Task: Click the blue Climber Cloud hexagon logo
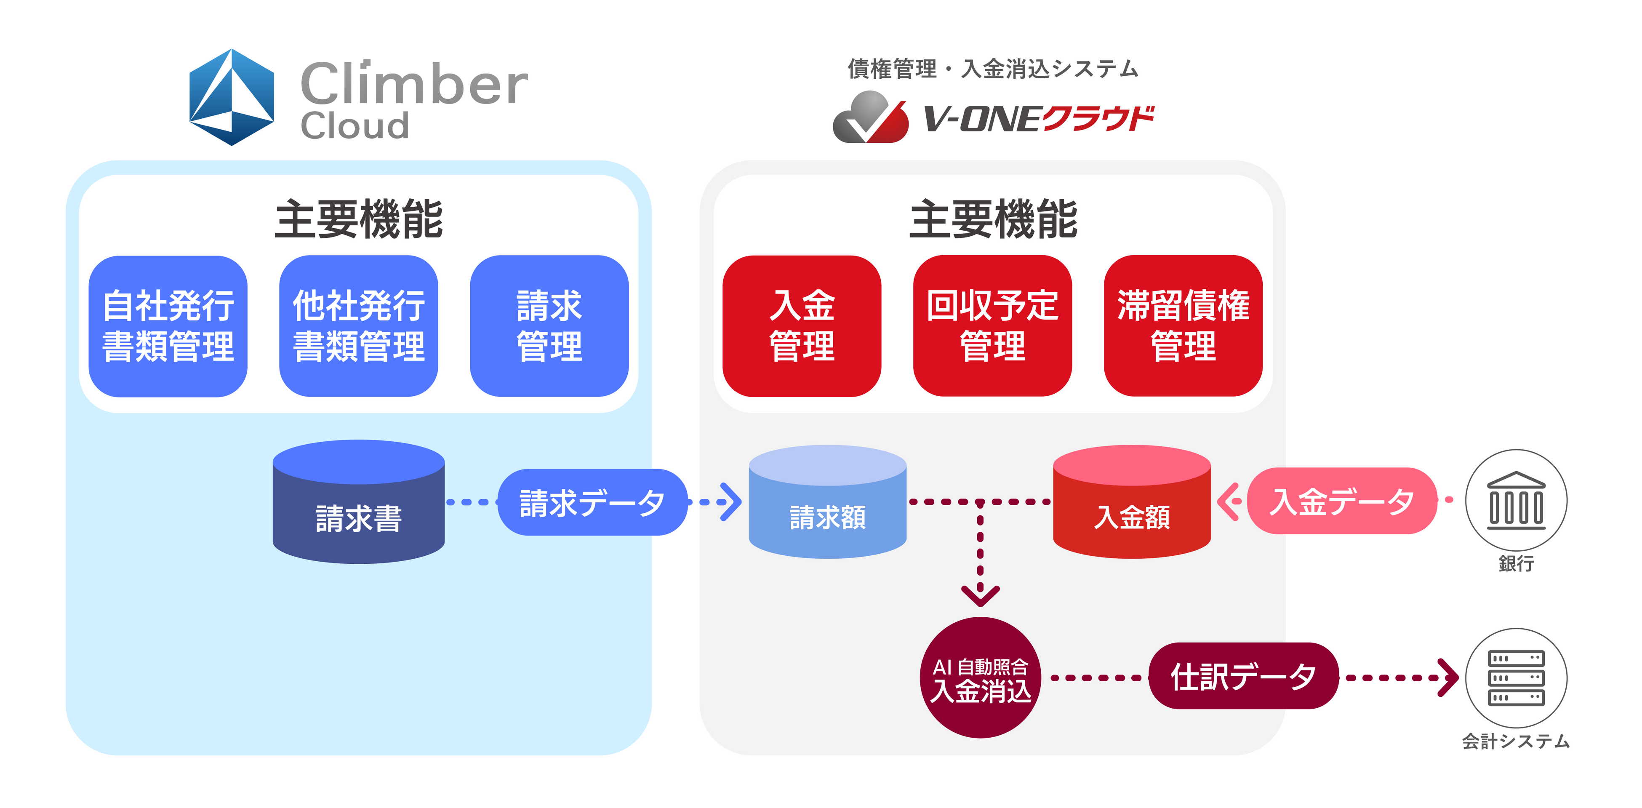pyautogui.click(x=232, y=97)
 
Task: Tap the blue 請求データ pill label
pyautogui.click(x=592, y=502)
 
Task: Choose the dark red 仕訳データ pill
pyautogui.click(x=1243, y=676)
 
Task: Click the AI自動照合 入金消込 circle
pyautogui.click(x=980, y=678)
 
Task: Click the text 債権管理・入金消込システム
pyautogui.click(x=992, y=69)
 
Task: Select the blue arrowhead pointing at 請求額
pyautogui.click(x=730, y=502)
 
